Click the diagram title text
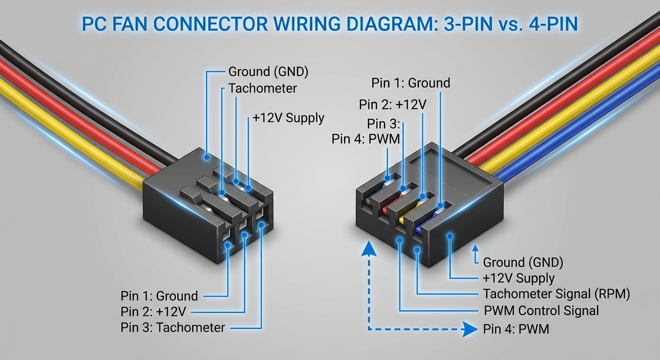click(x=330, y=24)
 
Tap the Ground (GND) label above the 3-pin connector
click(x=268, y=72)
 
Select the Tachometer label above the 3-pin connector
click(x=262, y=88)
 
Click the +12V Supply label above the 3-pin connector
click(x=288, y=118)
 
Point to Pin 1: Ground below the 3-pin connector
click(x=159, y=296)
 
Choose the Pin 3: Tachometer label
click(x=172, y=327)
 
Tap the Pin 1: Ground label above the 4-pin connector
click(x=411, y=83)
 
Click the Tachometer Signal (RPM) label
click(x=556, y=294)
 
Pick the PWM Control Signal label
click(x=541, y=310)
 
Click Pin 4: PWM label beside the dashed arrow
click(x=516, y=329)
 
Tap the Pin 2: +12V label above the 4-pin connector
click(x=393, y=104)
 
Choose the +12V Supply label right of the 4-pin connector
click(x=518, y=278)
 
